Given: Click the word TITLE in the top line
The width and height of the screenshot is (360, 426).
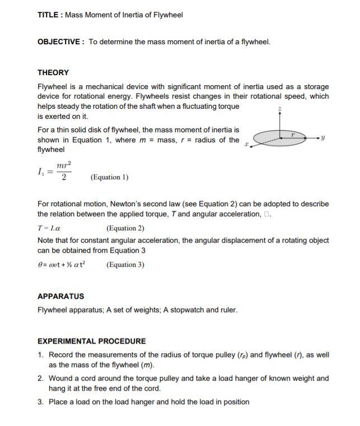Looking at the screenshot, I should click(49, 15).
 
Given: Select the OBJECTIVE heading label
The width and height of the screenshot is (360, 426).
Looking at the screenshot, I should click(59, 41).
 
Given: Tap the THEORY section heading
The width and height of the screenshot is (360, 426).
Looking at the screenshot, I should click(53, 72).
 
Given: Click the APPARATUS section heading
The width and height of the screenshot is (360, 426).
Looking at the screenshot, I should click(60, 296).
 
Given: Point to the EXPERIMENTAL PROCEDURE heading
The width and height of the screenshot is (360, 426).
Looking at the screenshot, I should click(91, 341).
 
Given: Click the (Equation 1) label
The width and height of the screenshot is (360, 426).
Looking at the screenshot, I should click(109, 178).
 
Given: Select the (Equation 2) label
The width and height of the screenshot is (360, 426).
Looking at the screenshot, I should click(125, 228).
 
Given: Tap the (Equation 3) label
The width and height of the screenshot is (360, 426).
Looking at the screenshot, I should click(125, 265).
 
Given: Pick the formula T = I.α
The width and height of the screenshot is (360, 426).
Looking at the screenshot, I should click(49, 228).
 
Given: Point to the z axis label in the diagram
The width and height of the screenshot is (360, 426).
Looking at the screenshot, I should click(280, 108).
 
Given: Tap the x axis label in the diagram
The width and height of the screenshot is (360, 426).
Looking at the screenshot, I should click(247, 145).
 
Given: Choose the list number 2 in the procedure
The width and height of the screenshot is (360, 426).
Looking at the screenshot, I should click(41, 378).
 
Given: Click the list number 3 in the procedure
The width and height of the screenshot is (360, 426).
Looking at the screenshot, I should click(41, 402).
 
